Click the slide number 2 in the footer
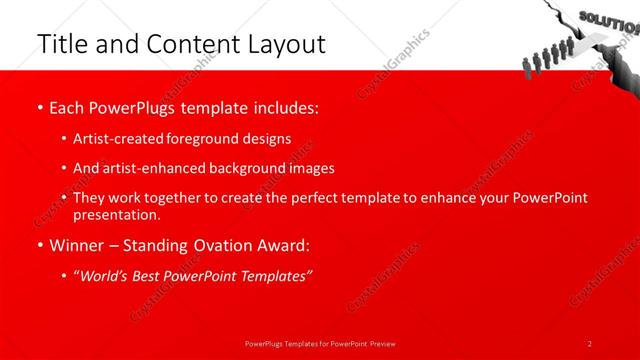click(x=590, y=343)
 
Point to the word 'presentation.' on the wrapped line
click(x=116, y=215)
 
